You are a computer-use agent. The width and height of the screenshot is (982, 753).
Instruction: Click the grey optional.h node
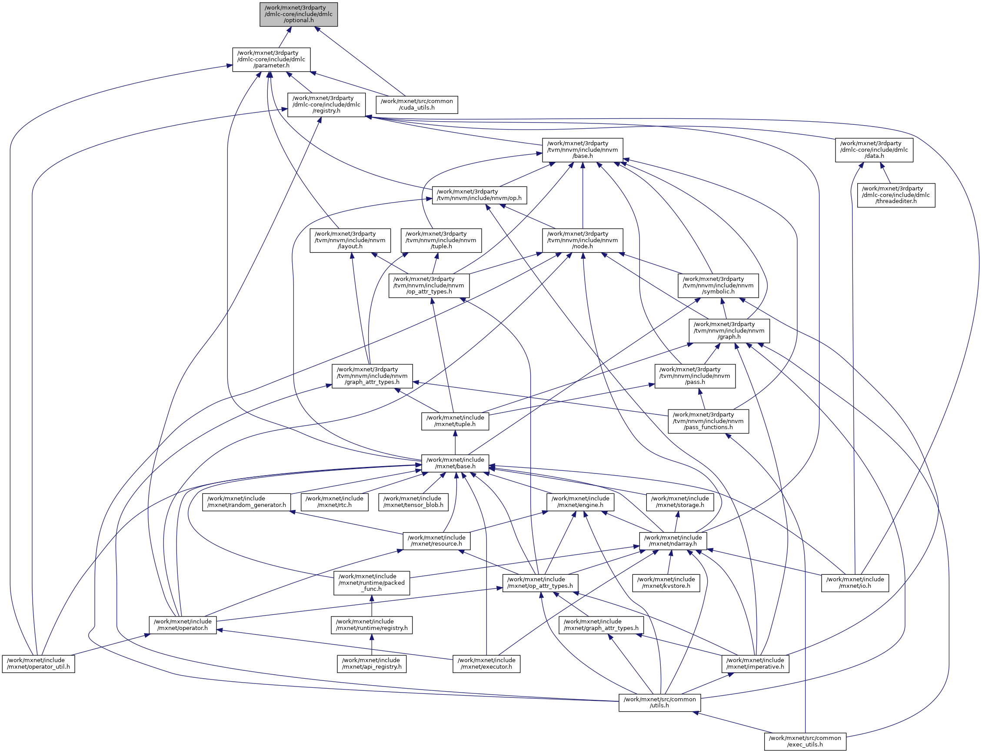click(x=299, y=14)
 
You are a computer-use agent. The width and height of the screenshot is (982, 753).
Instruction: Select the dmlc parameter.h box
click(x=271, y=60)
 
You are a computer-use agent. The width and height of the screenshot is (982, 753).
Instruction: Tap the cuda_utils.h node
click(x=416, y=104)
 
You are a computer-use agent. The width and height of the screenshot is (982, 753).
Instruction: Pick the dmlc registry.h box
click(x=326, y=105)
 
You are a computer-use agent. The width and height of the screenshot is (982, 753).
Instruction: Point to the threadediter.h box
click(x=895, y=195)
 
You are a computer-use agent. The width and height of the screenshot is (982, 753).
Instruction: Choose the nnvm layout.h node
click(x=350, y=241)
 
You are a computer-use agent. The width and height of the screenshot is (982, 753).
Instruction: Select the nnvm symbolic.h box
click(x=718, y=286)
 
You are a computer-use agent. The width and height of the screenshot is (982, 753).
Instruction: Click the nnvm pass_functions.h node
click(x=708, y=421)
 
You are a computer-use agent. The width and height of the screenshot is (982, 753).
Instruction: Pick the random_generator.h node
click(x=246, y=502)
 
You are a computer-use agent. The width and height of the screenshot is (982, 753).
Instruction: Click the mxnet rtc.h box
click(x=334, y=502)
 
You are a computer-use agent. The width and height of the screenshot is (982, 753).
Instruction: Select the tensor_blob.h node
click(x=413, y=502)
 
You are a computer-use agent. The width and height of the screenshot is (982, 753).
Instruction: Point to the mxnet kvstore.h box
click(x=666, y=583)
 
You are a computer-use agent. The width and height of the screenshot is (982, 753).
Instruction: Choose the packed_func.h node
click(x=372, y=583)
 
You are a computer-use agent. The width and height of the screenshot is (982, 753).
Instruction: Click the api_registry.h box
click(x=372, y=664)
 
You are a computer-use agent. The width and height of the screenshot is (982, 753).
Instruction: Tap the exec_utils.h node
click(x=805, y=742)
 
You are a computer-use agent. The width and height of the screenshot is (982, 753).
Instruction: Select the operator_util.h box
click(x=39, y=664)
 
